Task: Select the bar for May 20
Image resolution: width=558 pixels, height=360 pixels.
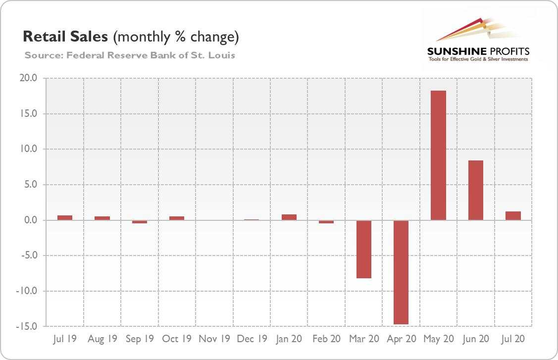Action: coord(438,155)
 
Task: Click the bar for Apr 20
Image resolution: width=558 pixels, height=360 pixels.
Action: coord(401,272)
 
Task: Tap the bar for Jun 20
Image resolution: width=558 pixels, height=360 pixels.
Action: coord(475,190)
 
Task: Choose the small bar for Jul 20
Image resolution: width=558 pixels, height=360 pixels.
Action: coord(513,216)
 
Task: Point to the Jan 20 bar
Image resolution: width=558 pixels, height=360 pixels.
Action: coord(289,217)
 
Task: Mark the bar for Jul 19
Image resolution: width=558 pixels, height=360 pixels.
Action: coord(65,217)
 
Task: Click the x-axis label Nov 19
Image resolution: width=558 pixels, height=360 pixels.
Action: coord(214,339)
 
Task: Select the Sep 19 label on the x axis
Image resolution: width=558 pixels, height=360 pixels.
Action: coord(140,339)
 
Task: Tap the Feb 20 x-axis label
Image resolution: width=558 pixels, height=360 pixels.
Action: coord(326,339)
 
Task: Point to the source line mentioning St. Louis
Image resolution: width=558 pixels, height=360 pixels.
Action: coord(130,54)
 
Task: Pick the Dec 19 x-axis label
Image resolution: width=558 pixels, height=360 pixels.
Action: coord(252,339)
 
